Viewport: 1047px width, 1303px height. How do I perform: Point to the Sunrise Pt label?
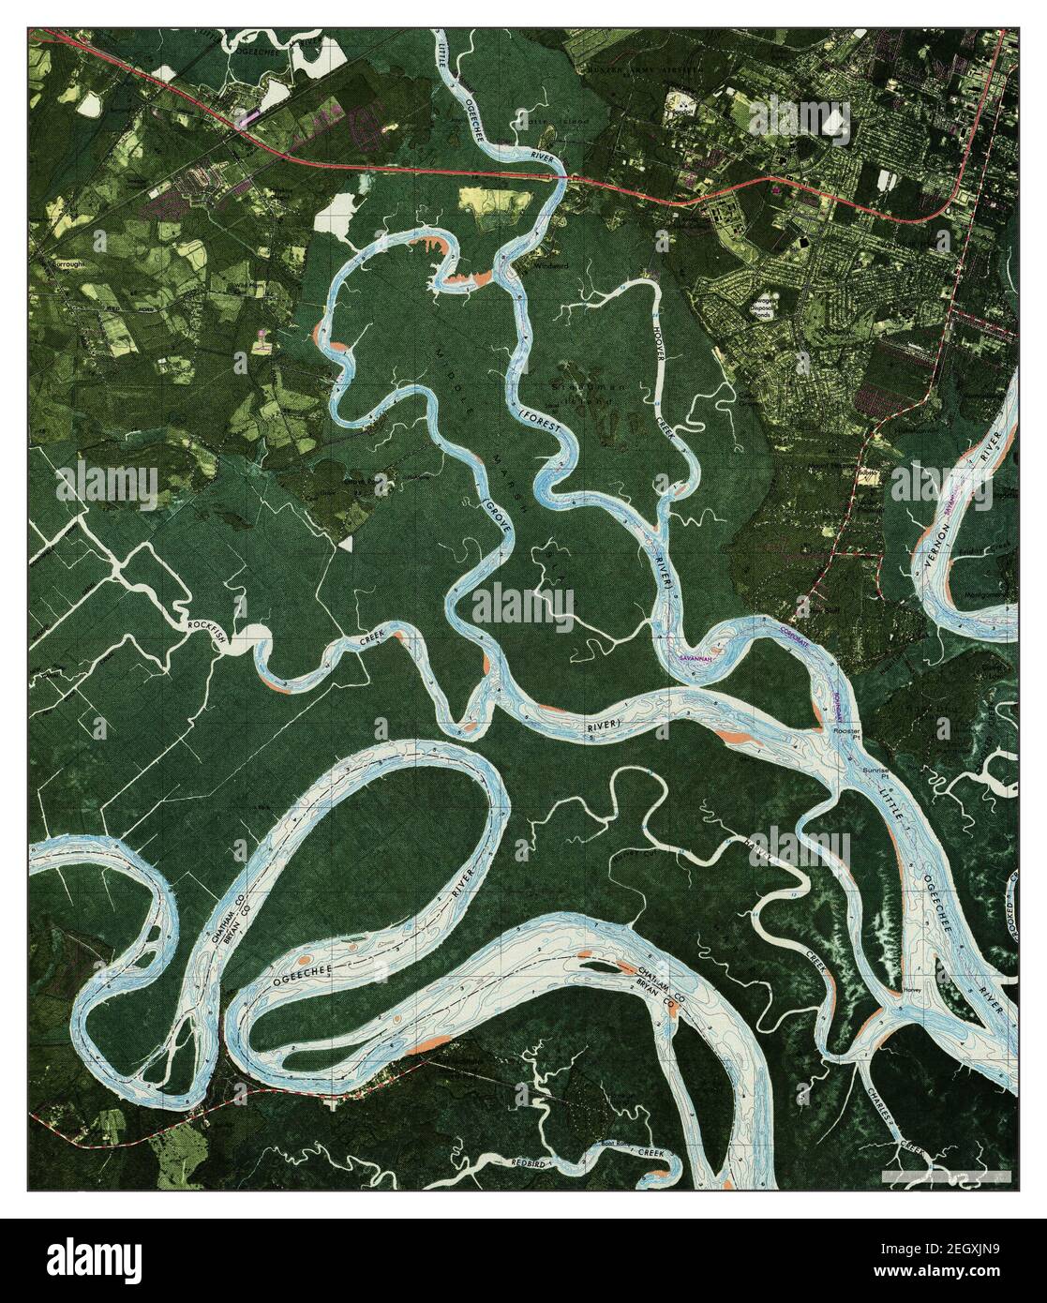tap(878, 770)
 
